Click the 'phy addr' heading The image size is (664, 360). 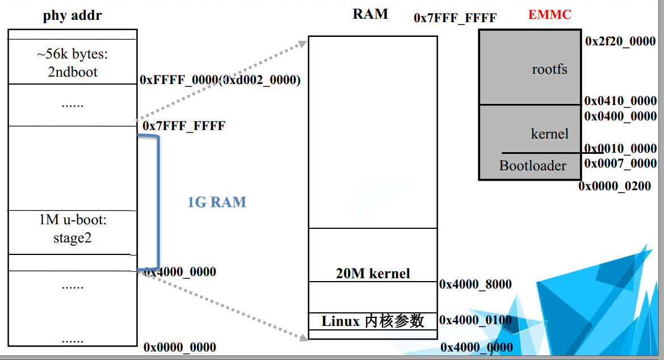72,15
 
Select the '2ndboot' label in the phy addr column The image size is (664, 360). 72,72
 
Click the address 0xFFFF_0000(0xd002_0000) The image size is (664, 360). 220,80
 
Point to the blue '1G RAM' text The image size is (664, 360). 217,202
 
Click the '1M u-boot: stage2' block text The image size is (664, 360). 72,229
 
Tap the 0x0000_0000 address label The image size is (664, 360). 180,347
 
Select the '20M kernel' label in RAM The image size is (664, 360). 373,273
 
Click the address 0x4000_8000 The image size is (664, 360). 476,284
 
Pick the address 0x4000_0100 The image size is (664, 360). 476,320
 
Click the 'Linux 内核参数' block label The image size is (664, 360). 373,321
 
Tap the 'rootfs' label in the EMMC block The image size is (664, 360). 549,69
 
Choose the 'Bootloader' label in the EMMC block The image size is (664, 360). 532,166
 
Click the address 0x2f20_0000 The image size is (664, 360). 620,41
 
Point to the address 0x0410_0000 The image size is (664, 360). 620,101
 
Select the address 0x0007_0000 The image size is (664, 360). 620,164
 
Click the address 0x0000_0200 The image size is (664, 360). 615,186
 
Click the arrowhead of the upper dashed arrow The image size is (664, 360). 301,42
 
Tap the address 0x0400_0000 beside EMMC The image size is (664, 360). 620,116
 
